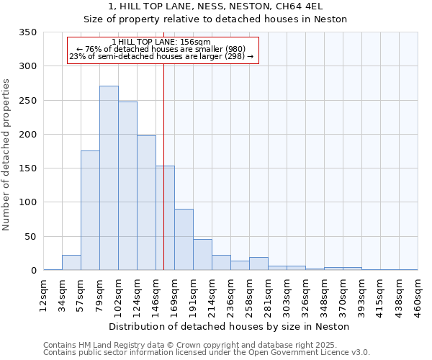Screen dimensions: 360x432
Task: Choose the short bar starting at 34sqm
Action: [71, 263]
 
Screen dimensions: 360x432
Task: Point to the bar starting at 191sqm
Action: [202, 255]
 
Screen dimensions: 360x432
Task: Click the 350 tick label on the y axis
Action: [27, 32]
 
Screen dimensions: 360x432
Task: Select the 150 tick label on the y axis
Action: [27, 168]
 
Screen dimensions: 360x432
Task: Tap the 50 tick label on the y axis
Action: [30, 237]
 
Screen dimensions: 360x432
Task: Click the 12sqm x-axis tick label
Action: [43, 294]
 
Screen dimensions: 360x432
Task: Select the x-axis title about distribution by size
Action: [230, 326]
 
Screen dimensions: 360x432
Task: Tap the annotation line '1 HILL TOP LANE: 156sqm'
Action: [161, 42]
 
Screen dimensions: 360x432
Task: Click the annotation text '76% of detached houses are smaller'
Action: [161, 49]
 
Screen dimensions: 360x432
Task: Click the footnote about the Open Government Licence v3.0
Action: [206, 353]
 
